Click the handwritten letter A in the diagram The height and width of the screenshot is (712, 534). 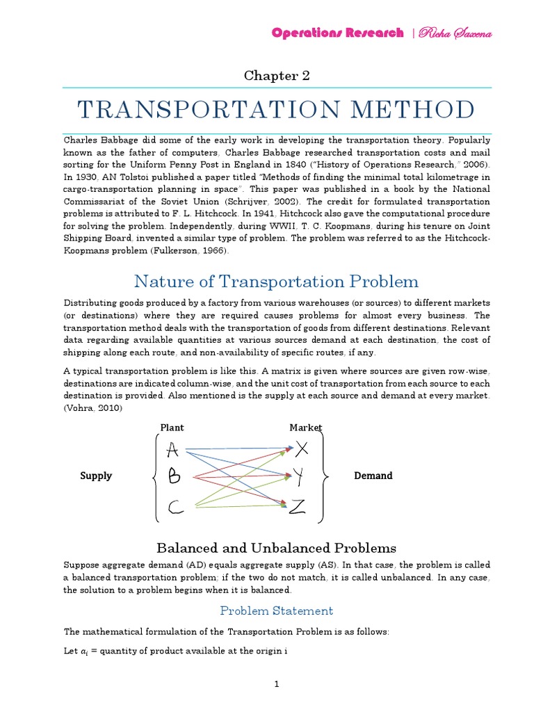coord(173,451)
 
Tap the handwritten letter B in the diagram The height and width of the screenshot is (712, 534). coord(174,478)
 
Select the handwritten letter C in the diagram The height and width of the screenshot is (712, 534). coord(175,509)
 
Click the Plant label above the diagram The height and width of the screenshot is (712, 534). coord(172,428)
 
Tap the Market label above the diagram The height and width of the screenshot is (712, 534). coord(306,428)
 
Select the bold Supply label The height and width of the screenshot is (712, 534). coord(96,476)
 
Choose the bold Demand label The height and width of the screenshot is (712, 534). coord(374,476)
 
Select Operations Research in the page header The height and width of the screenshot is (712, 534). coord(337,33)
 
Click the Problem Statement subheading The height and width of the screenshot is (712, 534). coord(277,610)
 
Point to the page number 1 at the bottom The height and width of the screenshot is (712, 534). coord(277,685)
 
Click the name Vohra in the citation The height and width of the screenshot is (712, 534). coord(79,408)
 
